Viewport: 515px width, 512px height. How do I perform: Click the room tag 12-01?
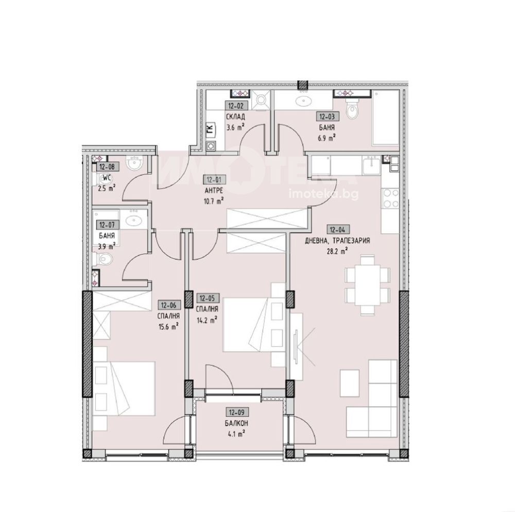pos(214,180)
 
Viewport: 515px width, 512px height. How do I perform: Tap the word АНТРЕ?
pos(214,191)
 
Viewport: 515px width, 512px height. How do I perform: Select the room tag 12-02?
pos(235,106)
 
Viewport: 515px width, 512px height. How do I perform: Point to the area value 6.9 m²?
pos(327,138)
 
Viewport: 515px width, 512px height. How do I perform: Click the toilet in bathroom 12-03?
pos(352,110)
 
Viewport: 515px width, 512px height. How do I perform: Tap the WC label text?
pos(107,178)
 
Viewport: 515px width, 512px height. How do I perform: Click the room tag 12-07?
pos(107,225)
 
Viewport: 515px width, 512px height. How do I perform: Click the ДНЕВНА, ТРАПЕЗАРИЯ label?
pos(337,241)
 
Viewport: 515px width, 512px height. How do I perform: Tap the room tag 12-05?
pos(207,298)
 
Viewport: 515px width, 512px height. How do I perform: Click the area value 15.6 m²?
pos(168,327)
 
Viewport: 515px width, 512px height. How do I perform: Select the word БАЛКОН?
pos(236,423)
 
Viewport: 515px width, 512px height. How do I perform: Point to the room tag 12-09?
pos(237,412)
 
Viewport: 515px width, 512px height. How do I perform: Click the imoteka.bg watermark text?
pos(323,194)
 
